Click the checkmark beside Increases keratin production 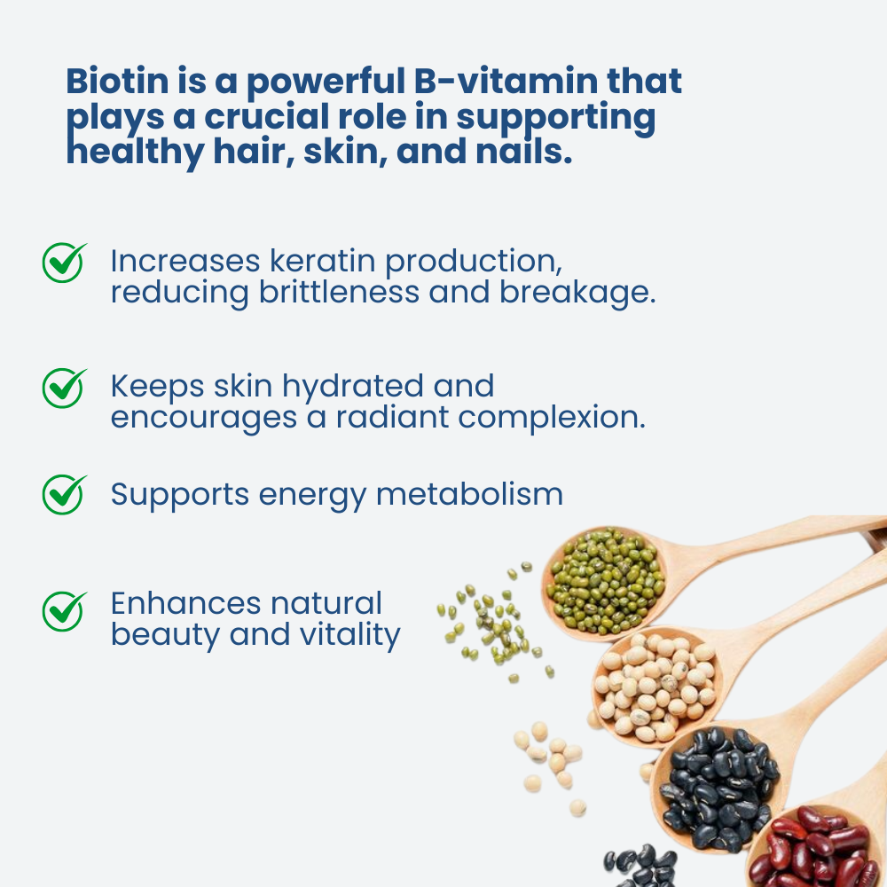65,263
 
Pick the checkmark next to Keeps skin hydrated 65,388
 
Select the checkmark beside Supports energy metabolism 65,494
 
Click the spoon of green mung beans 606,580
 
